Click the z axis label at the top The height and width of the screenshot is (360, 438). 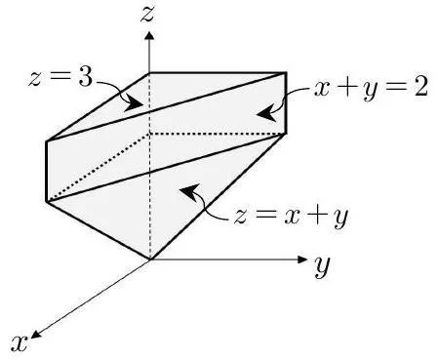tap(147, 15)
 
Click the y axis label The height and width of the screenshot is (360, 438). tap(322, 266)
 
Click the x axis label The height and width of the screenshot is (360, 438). tap(20, 343)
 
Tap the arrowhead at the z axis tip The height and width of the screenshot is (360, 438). tap(149, 35)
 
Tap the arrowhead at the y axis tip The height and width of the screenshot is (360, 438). tap(302, 260)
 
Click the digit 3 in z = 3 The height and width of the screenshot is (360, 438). tap(86, 77)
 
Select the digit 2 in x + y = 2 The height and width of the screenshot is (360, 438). tap(420, 87)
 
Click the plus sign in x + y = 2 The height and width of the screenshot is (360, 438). tap(347, 88)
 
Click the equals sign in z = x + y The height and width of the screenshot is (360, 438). tap(264, 217)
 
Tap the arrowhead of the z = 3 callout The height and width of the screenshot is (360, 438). tap(134, 103)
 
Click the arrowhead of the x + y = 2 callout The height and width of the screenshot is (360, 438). tap(266, 114)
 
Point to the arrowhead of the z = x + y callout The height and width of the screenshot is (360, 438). tap(189, 191)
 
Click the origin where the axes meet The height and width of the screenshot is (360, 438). tap(149, 260)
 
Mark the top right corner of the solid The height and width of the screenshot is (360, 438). tap(286, 73)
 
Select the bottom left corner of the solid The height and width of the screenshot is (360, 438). tap(47, 202)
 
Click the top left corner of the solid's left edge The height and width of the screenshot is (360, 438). tap(47, 141)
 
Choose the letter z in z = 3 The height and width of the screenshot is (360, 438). tap(35, 78)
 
